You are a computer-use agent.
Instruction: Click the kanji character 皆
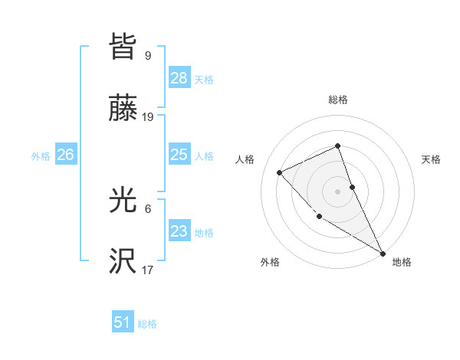click(123, 47)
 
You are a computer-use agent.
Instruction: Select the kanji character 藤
click(123, 110)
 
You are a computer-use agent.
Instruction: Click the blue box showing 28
click(179, 78)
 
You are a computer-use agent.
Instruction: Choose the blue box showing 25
click(179, 155)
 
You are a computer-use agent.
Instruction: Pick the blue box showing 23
click(179, 231)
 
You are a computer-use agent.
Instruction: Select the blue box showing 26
click(65, 155)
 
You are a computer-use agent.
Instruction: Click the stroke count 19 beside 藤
click(148, 117)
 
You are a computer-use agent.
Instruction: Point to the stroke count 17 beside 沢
click(148, 270)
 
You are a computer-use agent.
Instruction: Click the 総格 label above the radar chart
click(338, 100)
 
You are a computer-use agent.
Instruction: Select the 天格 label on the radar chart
click(431, 159)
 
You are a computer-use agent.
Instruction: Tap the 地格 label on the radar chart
click(402, 262)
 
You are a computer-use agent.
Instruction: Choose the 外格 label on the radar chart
click(270, 262)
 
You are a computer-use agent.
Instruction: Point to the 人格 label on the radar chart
click(245, 159)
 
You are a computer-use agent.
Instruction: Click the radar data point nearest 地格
click(383, 253)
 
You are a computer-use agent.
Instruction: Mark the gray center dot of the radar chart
click(338, 191)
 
